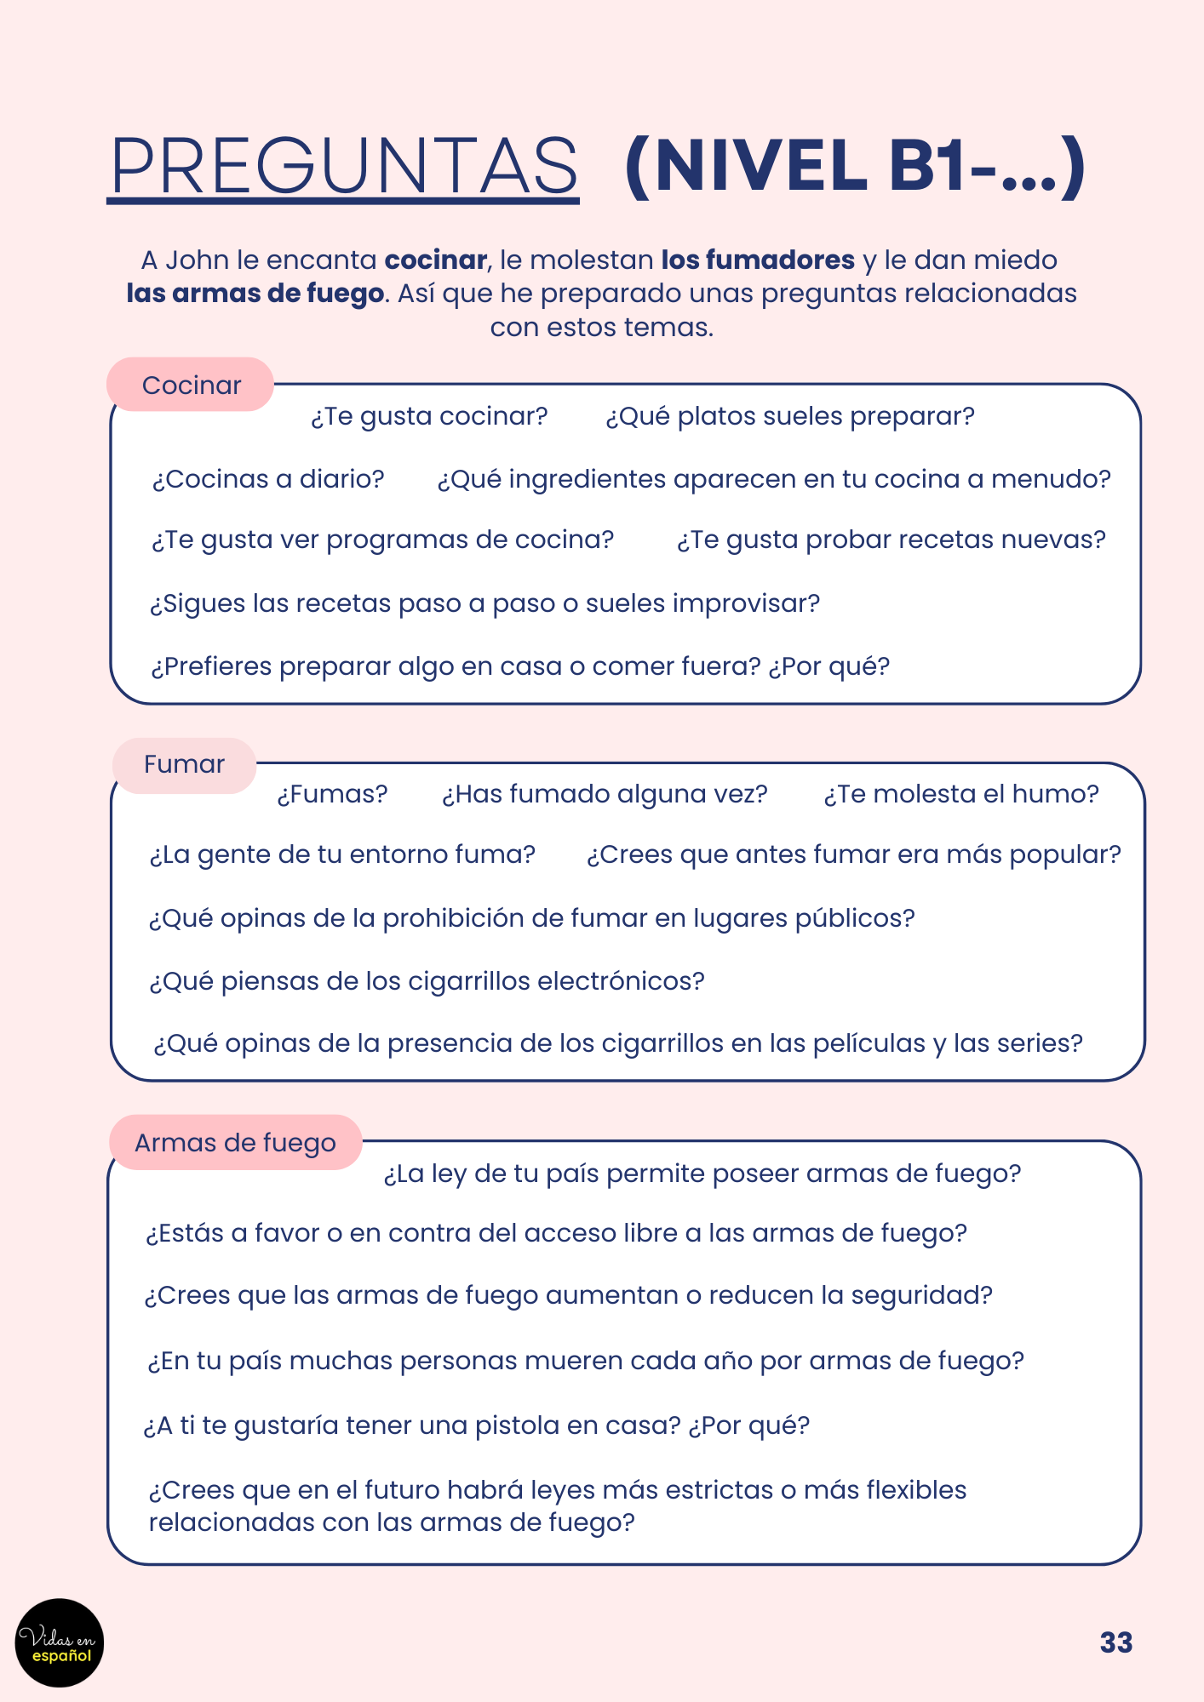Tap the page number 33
(x=1115, y=1642)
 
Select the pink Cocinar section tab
(x=191, y=386)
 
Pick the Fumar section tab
(x=184, y=764)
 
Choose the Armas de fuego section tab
(x=235, y=1143)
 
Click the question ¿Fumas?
(x=332, y=794)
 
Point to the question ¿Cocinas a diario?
(x=268, y=479)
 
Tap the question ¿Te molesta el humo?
(x=961, y=794)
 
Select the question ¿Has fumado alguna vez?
(x=605, y=794)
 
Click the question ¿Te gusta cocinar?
(x=429, y=416)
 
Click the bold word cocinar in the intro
(x=435, y=260)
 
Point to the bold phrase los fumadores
(x=758, y=260)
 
